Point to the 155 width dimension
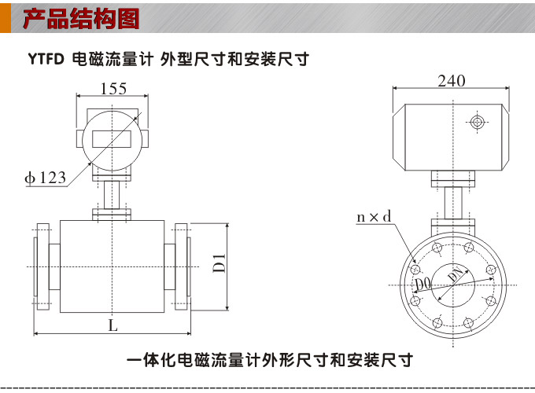113,89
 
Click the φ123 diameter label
46,178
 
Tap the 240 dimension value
452,81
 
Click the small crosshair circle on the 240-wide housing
477,121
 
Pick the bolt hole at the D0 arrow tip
415,299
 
